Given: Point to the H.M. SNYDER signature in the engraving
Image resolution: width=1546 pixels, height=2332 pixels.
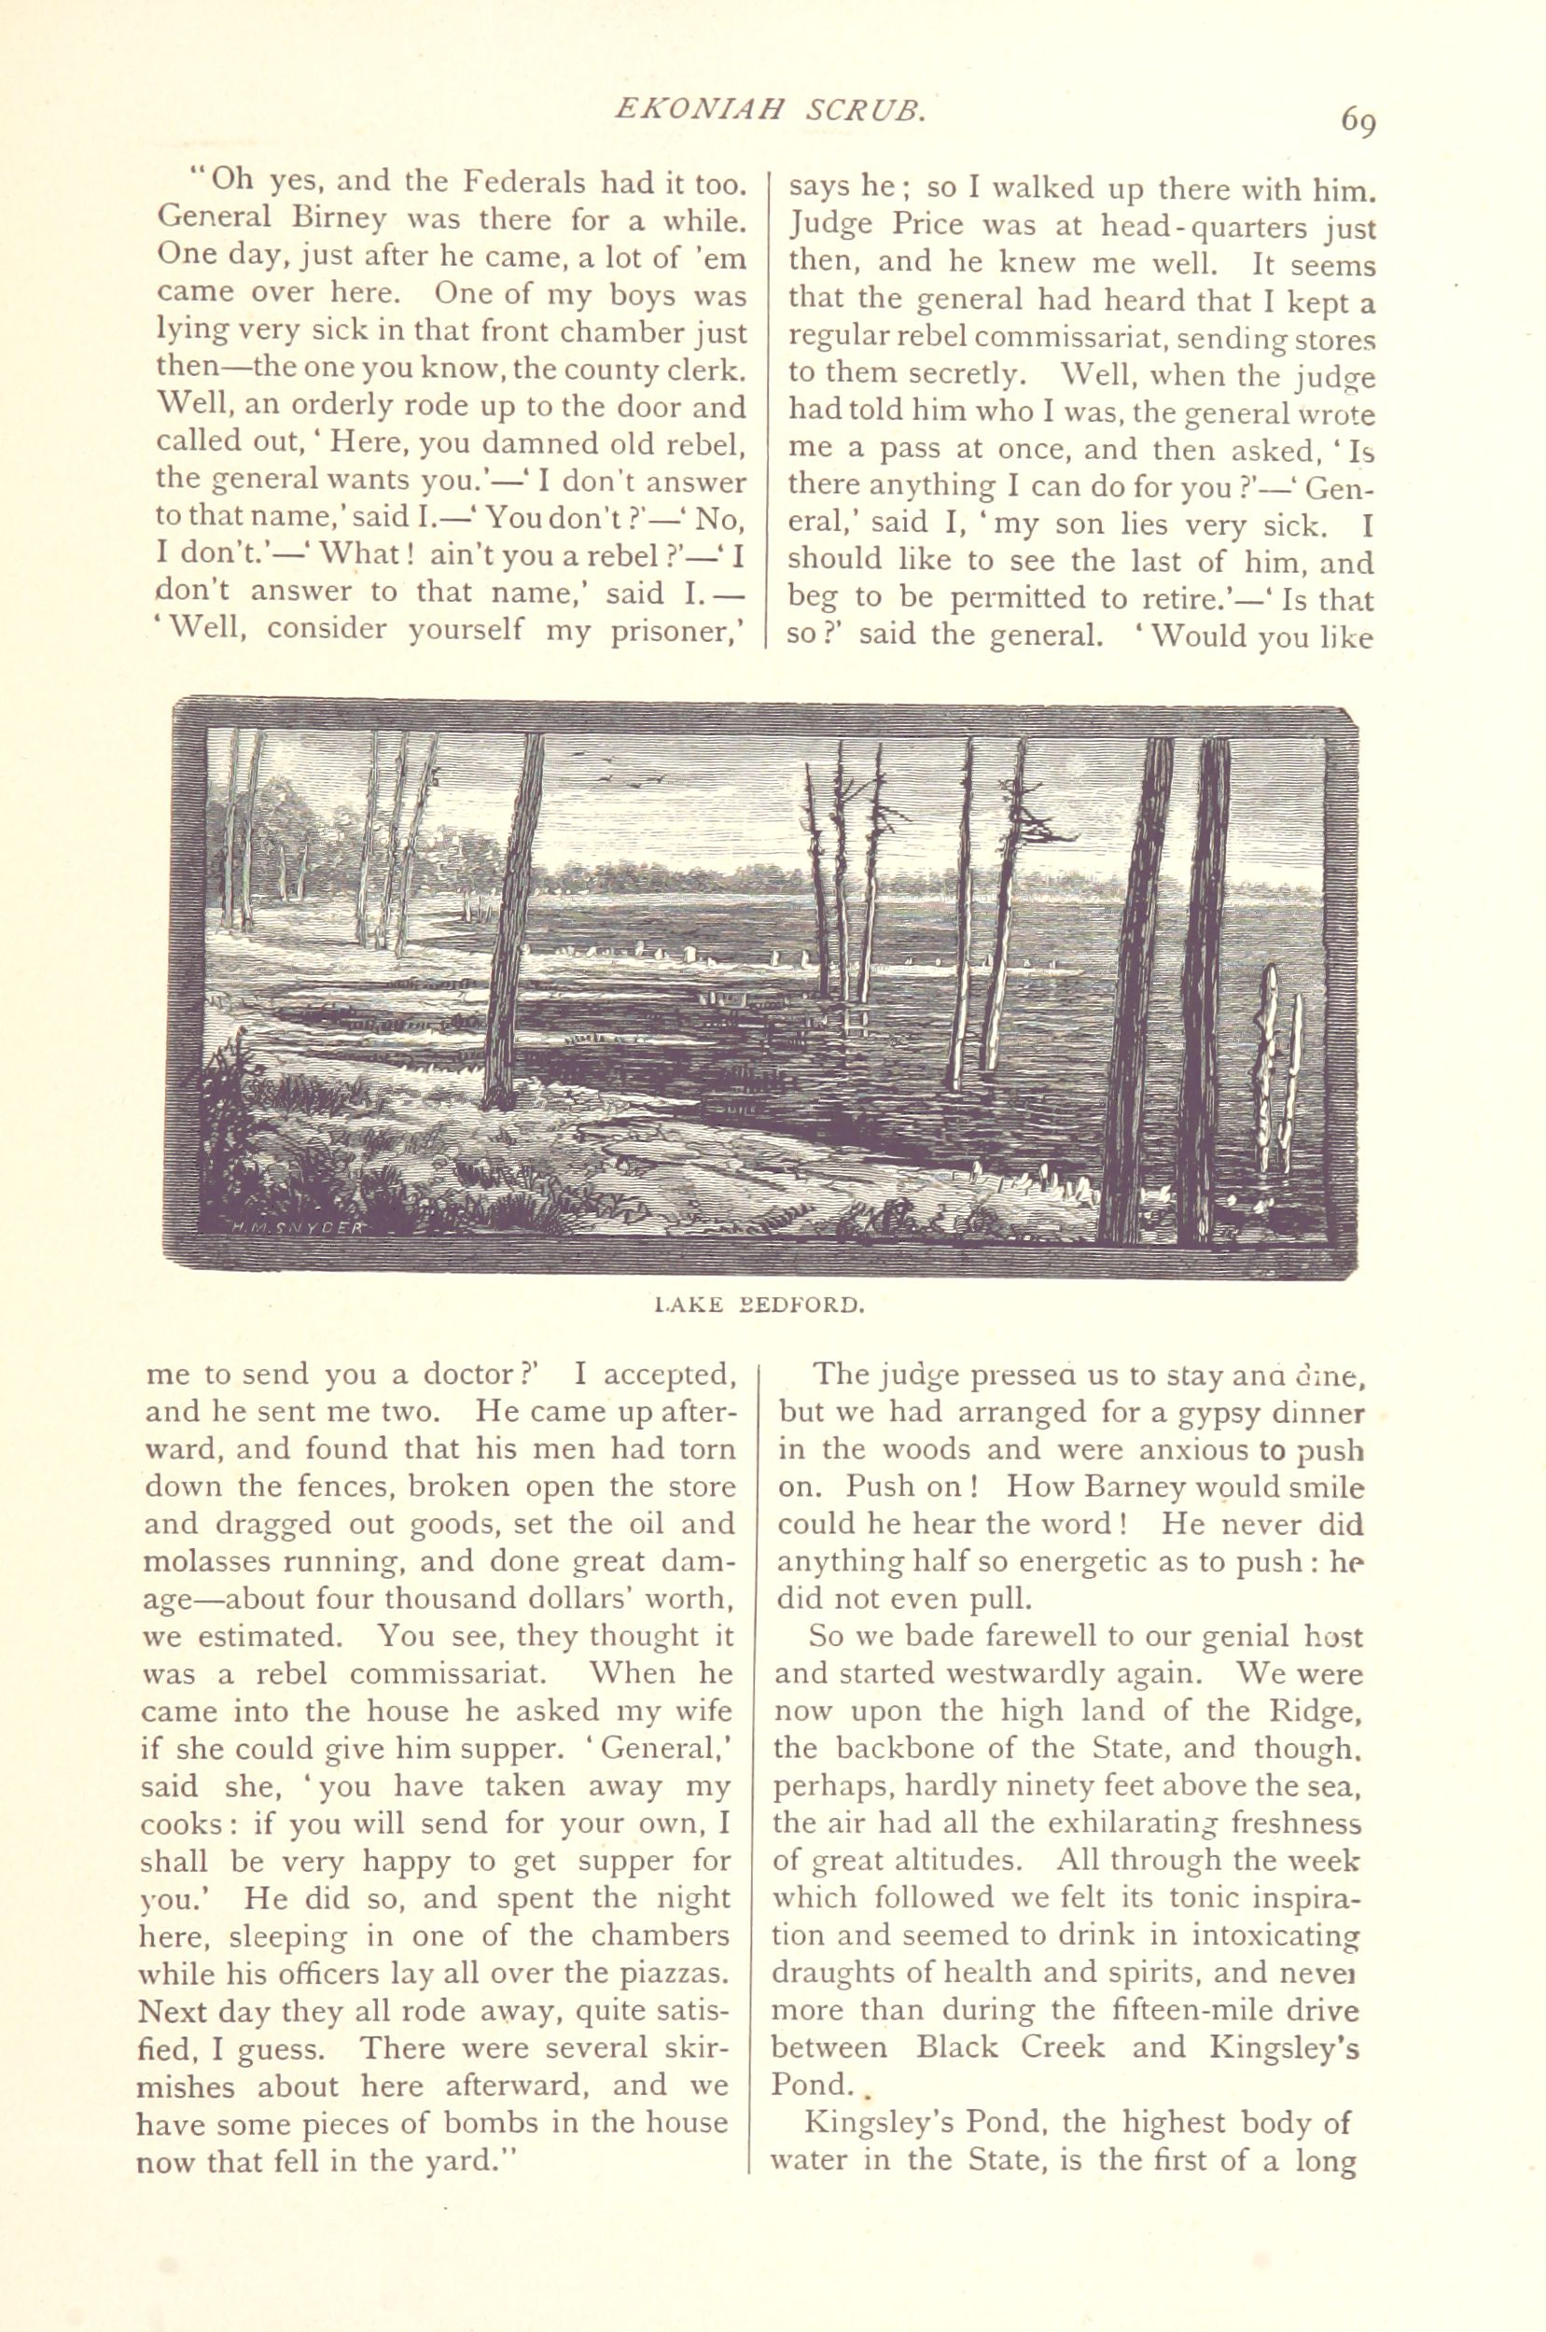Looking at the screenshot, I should pyautogui.click(x=299, y=1228).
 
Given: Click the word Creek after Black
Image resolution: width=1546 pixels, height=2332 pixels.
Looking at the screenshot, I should pyautogui.click(x=1058, y=2047).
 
